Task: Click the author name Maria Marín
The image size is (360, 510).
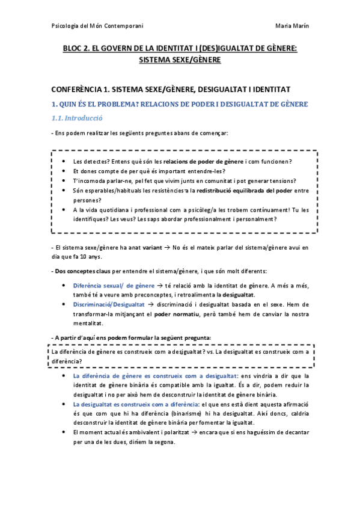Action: click(291, 26)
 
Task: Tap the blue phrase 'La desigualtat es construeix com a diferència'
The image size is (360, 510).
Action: click(130, 404)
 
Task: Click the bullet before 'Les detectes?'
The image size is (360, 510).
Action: click(64, 162)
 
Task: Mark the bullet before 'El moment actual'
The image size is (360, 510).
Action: click(64, 432)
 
